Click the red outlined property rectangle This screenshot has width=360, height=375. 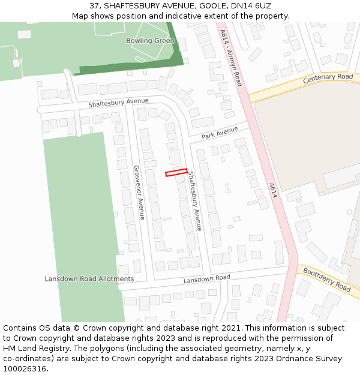pyautogui.click(x=176, y=173)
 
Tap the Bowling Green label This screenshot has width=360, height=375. pyautogui.click(x=150, y=41)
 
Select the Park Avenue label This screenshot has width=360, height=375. pyautogui.click(x=220, y=134)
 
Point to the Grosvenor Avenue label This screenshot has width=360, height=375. pyautogui.click(x=139, y=192)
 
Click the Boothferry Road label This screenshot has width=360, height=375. pyautogui.click(x=327, y=280)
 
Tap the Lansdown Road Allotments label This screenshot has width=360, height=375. pyautogui.click(x=89, y=279)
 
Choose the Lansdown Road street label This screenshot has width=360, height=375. pyautogui.click(x=206, y=278)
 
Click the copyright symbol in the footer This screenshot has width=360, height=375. pyautogui.click(x=77, y=328)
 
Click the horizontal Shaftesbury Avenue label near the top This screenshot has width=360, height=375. pyautogui.click(x=118, y=103)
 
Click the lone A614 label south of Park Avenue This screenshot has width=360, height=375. pyautogui.click(x=273, y=191)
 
